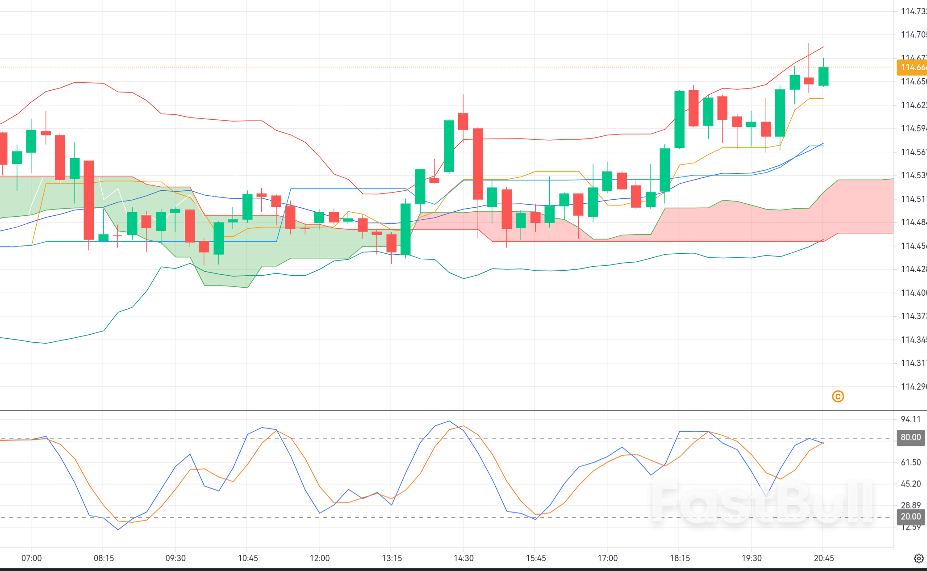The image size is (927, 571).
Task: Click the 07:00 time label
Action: pyautogui.click(x=31, y=558)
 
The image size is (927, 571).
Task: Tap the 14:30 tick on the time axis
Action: pyautogui.click(x=463, y=558)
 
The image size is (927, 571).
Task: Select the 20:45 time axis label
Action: pyautogui.click(x=823, y=558)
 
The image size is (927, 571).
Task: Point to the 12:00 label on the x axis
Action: pyautogui.click(x=320, y=558)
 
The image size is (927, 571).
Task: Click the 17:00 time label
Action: pyautogui.click(x=607, y=558)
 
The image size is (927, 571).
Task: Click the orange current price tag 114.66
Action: pyautogui.click(x=912, y=67)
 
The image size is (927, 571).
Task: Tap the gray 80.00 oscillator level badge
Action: pyautogui.click(x=910, y=437)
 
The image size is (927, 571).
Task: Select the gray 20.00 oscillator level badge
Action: pyautogui.click(x=910, y=516)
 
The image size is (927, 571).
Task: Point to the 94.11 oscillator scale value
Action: pyautogui.click(x=910, y=419)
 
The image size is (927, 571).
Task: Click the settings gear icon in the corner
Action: pyautogui.click(x=919, y=558)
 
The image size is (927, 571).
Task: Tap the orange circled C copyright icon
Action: pyautogui.click(x=838, y=396)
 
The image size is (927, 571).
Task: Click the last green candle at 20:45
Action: pyautogui.click(x=823, y=76)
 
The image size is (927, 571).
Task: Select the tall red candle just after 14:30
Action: pyautogui.click(x=478, y=163)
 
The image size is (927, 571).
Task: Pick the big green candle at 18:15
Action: pyautogui.click(x=679, y=119)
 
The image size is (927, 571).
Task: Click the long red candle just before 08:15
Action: pyautogui.click(x=89, y=200)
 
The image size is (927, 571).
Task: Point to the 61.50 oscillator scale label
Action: pyautogui.click(x=910, y=462)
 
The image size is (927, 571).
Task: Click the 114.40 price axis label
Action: pyautogui.click(x=913, y=293)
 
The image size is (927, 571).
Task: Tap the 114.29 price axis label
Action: pyautogui.click(x=913, y=386)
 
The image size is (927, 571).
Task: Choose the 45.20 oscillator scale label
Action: pyautogui.click(x=910, y=484)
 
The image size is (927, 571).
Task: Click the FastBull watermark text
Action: pyautogui.click(x=761, y=503)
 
